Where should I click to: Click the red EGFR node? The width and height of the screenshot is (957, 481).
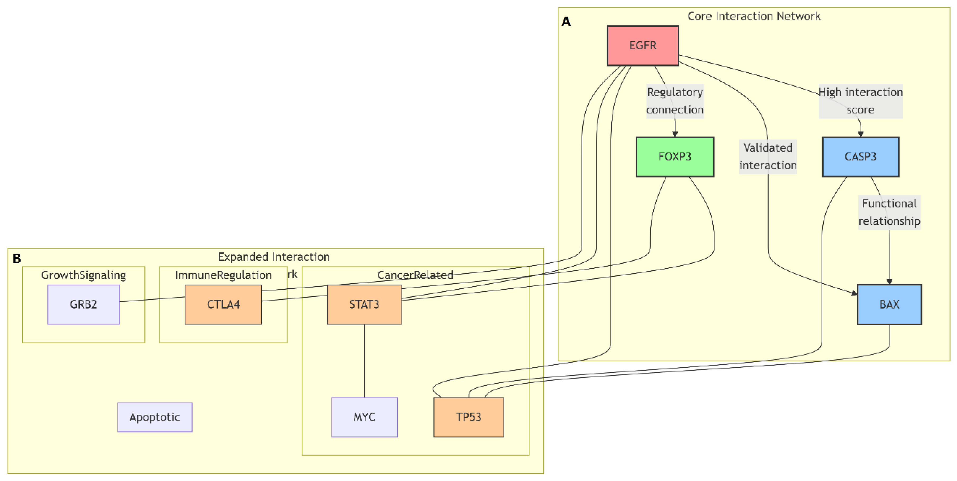pyautogui.click(x=642, y=45)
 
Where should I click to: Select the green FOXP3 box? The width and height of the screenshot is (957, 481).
pyautogui.click(x=675, y=156)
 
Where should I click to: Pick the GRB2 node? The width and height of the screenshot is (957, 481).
pyautogui.click(x=83, y=304)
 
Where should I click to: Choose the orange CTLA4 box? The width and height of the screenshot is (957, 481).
pyautogui.click(x=223, y=304)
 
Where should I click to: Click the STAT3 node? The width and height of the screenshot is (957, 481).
pyautogui.click(x=364, y=304)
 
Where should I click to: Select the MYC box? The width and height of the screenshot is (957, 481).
pyautogui.click(x=364, y=417)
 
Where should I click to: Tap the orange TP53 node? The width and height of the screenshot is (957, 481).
pyautogui.click(x=469, y=417)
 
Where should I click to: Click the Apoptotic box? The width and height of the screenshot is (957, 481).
pyautogui.click(x=155, y=417)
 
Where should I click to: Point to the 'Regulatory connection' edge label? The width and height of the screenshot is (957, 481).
pyautogui.click(x=675, y=101)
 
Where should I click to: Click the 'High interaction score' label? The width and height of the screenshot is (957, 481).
pyautogui.click(x=861, y=101)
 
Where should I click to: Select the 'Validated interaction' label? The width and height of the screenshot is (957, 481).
pyautogui.click(x=768, y=156)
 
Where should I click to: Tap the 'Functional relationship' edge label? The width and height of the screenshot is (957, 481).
pyautogui.click(x=889, y=212)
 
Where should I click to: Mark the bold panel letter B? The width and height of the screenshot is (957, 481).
pyautogui.click(x=17, y=258)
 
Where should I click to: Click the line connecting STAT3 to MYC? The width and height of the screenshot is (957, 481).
pyautogui.click(x=364, y=360)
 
